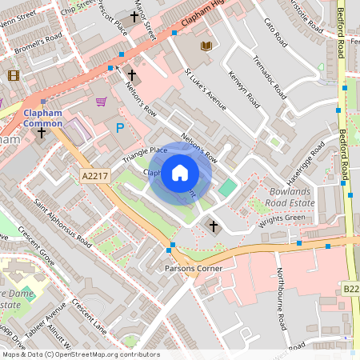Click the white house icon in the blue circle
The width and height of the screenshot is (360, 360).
pos(180,173)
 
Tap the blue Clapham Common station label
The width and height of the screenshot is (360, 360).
pos(42,118)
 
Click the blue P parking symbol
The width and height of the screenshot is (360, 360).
pos(121,127)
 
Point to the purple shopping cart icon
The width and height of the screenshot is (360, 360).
pos(101,102)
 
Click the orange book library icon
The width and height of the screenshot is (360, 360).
pos(206,46)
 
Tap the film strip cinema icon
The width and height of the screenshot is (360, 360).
pos(13,75)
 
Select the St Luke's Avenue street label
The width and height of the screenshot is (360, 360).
pos(206,88)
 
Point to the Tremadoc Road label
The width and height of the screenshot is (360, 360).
pos(269,78)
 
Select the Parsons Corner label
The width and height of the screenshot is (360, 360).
pos(193,268)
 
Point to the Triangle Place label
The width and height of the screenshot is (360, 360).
pos(145,154)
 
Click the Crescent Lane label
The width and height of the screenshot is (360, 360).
pos(88,306)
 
